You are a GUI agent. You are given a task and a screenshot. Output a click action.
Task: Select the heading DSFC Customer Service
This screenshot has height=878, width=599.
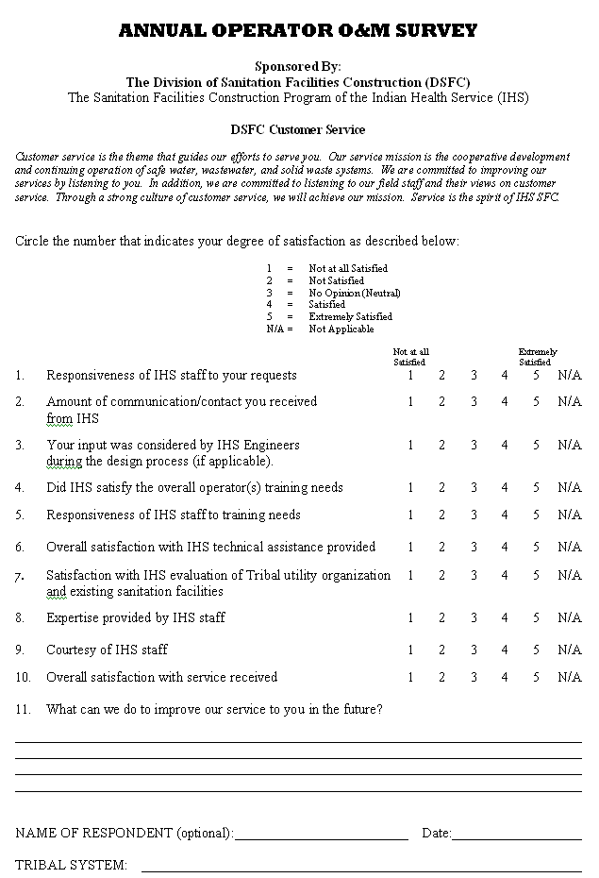[298, 129]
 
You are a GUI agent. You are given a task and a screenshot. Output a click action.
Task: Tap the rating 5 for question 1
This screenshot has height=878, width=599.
[536, 376]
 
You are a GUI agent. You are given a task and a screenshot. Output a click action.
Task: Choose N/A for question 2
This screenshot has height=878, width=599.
[569, 401]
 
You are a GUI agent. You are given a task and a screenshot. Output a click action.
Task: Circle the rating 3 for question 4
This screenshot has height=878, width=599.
[474, 488]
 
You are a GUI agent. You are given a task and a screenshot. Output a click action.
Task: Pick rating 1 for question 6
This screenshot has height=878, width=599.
[410, 547]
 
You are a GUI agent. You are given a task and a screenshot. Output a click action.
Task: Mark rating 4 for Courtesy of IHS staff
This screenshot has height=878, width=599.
[505, 650]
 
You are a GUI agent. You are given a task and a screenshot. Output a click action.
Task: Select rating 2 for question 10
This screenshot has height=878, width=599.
[441, 677]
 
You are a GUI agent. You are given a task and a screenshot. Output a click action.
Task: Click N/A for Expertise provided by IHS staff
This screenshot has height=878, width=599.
[569, 617]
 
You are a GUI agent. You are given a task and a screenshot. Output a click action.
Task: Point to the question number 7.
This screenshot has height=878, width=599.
[20, 576]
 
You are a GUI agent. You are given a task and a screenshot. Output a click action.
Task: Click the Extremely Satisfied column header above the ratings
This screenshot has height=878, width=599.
[537, 357]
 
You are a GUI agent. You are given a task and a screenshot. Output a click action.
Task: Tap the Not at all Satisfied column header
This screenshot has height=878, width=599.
[410, 357]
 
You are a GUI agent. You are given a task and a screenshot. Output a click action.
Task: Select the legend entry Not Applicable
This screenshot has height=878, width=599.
[341, 329]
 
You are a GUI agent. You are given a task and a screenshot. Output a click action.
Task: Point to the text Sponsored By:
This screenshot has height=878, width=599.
[298, 66]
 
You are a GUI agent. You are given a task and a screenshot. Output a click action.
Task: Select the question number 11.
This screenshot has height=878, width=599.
[24, 710]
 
